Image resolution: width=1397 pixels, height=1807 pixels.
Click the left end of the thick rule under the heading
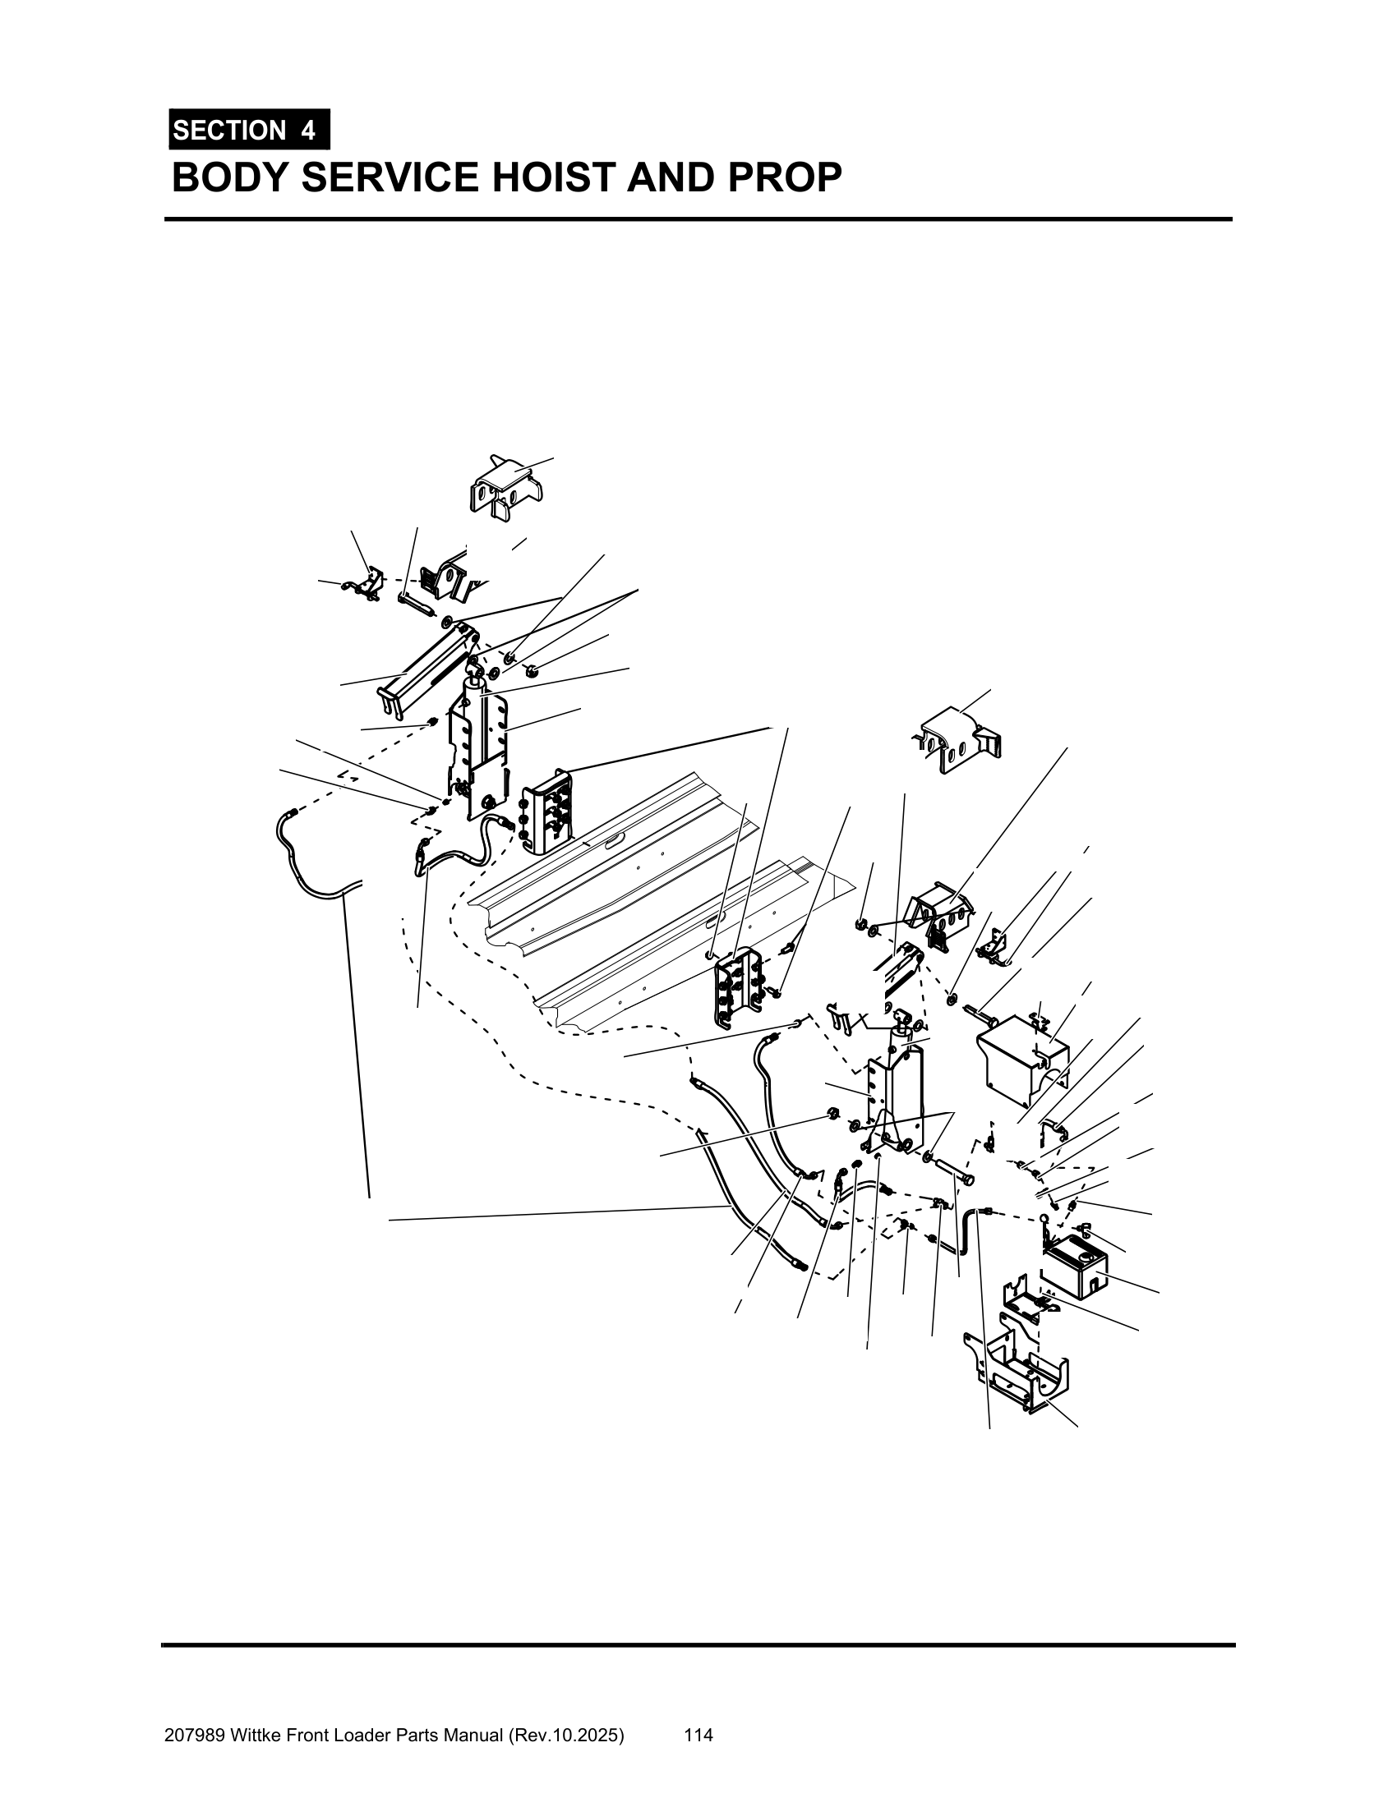coord(164,219)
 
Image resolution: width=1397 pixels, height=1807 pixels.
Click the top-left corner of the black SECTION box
coord(168,109)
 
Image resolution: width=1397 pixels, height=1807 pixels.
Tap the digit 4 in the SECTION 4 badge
coord(308,131)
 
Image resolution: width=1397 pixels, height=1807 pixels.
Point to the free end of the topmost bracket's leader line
coord(553,457)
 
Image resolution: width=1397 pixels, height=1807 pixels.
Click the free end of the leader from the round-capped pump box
coord(1159,1292)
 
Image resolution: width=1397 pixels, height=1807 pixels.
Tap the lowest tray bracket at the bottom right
coord(1017,1373)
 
